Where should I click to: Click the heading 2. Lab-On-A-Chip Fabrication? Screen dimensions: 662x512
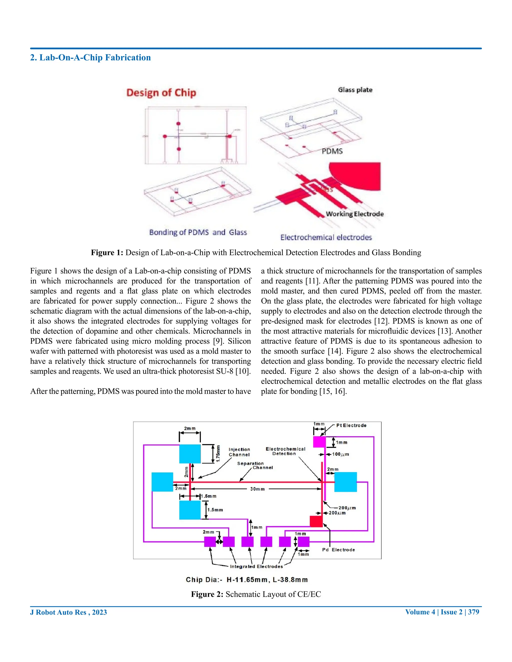coord(90,58)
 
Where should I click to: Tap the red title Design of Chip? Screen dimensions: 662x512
coord(161,92)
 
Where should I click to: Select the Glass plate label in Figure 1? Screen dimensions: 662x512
coord(355,90)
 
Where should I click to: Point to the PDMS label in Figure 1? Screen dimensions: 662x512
coord(332,151)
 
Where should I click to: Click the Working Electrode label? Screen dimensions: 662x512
coord(354,214)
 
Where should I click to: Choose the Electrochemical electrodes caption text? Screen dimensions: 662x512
coord(326,237)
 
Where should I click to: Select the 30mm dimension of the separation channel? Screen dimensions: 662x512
coord(257,489)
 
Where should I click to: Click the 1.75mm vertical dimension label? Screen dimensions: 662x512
coord(218,453)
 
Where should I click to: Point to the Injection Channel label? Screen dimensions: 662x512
coord(239,452)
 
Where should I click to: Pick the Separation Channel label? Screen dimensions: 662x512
coord(255,465)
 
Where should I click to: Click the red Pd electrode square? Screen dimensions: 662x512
coord(316,521)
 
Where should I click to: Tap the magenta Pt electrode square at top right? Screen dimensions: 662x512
coord(319,442)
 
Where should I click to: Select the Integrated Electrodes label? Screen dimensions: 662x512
coord(256,566)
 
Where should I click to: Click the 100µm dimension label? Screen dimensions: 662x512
coord(340,454)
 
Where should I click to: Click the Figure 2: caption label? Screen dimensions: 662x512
coord(207,594)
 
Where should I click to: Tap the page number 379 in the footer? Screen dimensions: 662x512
coord(473,612)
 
